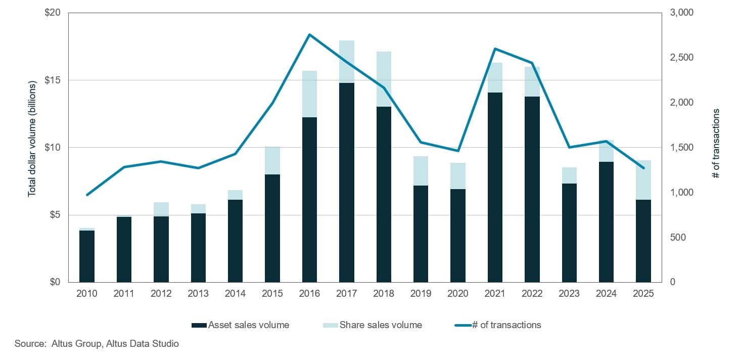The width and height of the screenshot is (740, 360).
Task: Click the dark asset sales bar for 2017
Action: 347,182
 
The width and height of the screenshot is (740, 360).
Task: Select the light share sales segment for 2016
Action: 309,94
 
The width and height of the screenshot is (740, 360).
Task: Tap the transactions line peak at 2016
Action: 309,34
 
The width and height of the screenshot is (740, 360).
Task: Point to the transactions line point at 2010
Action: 87,195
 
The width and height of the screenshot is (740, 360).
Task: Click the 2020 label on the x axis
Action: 458,294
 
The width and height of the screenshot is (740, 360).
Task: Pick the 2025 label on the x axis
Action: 643,294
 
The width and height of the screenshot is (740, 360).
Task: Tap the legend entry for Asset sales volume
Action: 241,325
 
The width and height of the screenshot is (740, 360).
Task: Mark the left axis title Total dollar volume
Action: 32,139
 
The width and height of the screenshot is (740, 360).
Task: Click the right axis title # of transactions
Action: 715,143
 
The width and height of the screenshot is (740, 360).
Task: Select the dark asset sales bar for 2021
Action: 495,187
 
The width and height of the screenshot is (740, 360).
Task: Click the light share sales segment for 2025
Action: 643,180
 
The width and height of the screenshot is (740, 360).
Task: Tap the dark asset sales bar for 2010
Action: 87,256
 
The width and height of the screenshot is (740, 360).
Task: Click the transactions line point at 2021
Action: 495,49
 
